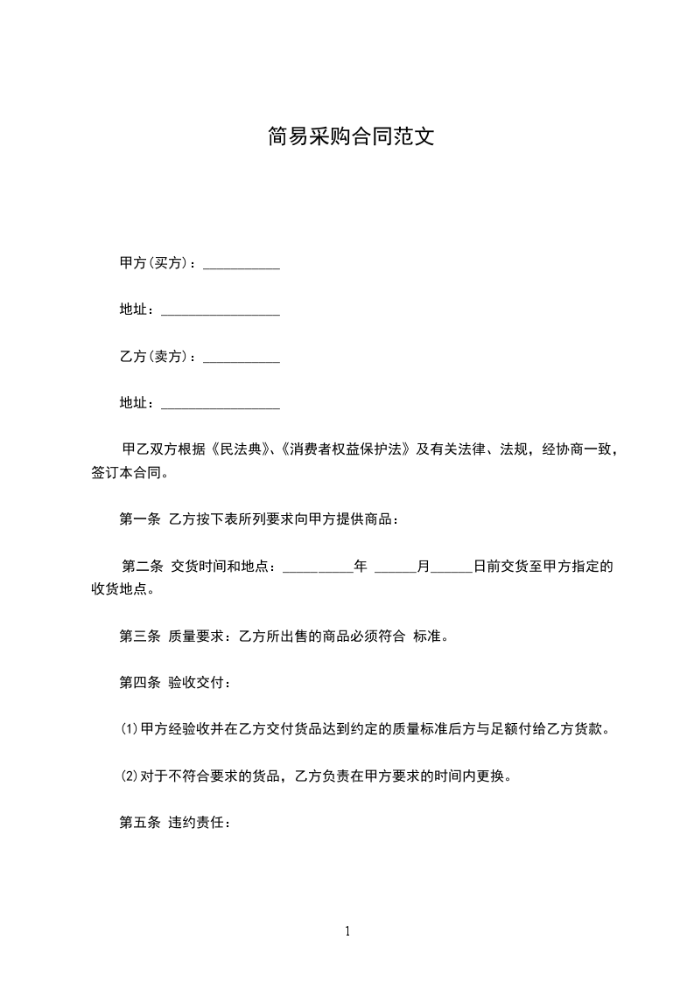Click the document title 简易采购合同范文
pyautogui.click(x=350, y=137)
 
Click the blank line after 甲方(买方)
pyautogui.click(x=242, y=265)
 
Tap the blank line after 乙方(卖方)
pyautogui.click(x=242, y=358)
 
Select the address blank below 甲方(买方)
pyautogui.click(x=221, y=311)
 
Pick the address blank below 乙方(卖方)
pyautogui.click(x=221, y=405)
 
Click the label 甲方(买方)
pyautogui.click(x=158, y=263)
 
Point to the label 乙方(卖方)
pyautogui.click(x=158, y=356)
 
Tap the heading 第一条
pyautogui.click(x=139, y=519)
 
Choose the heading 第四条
pyautogui.click(x=139, y=682)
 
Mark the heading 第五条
pyautogui.click(x=139, y=822)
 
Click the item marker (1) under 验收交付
pyautogui.click(x=129, y=729)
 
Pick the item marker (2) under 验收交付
pyautogui.click(x=129, y=776)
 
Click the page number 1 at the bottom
pyautogui.click(x=347, y=932)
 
